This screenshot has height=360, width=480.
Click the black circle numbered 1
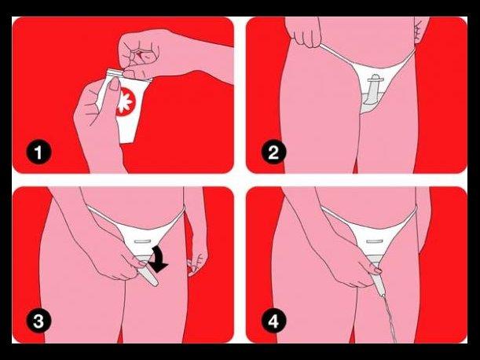pyautogui.click(x=38, y=152)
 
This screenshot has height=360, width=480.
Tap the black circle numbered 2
pyautogui.click(x=273, y=152)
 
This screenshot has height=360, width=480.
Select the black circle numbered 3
pyautogui.click(x=38, y=321)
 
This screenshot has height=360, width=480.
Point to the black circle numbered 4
pyautogui.click(x=273, y=321)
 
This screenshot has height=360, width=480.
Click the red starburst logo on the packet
pyautogui.click(x=126, y=101)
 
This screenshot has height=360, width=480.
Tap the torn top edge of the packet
pyautogui.click(x=115, y=72)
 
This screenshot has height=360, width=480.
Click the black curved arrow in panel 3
pyautogui.click(x=159, y=259)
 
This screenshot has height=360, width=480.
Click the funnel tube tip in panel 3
pyautogui.click(x=155, y=284)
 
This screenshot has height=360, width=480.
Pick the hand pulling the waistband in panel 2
pyautogui.click(x=305, y=34)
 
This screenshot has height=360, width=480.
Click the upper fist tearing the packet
pyautogui.click(x=140, y=53)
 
